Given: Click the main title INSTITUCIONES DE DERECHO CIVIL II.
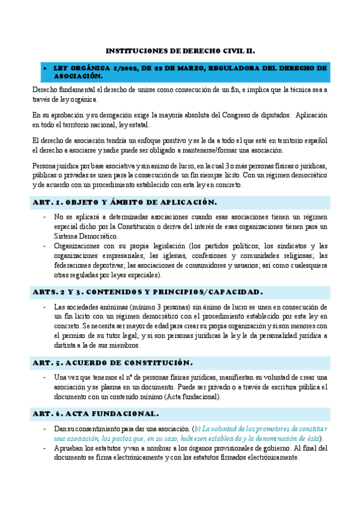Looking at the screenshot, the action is [x=180, y=52].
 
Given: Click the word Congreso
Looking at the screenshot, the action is [x=226, y=114].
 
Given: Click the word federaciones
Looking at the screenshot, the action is [x=75, y=265].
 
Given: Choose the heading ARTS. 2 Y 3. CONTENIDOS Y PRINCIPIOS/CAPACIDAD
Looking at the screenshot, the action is [x=147, y=292].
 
